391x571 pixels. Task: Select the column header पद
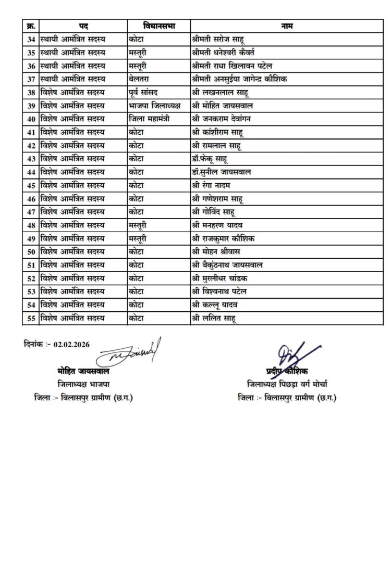(83, 25)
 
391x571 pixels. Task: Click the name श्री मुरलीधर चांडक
(221, 278)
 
